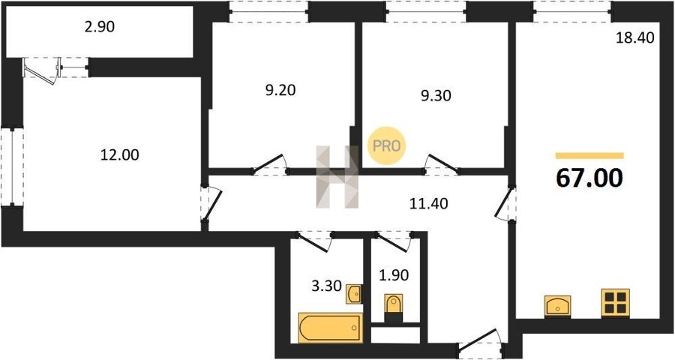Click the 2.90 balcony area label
(100, 27)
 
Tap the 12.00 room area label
(120, 154)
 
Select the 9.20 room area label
(280, 91)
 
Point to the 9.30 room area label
(436, 95)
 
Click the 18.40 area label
(635, 38)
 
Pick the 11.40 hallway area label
(429, 203)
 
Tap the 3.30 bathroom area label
(326, 286)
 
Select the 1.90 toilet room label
(394, 274)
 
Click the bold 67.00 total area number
(589, 178)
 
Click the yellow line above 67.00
(589, 155)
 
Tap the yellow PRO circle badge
(386, 145)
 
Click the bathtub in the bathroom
(331, 328)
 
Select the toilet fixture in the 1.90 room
(394, 307)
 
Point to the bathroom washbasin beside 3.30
(354, 294)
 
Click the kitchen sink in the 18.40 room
(557, 307)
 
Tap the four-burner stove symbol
(616, 303)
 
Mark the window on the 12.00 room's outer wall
(12, 167)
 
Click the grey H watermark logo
(337, 177)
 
